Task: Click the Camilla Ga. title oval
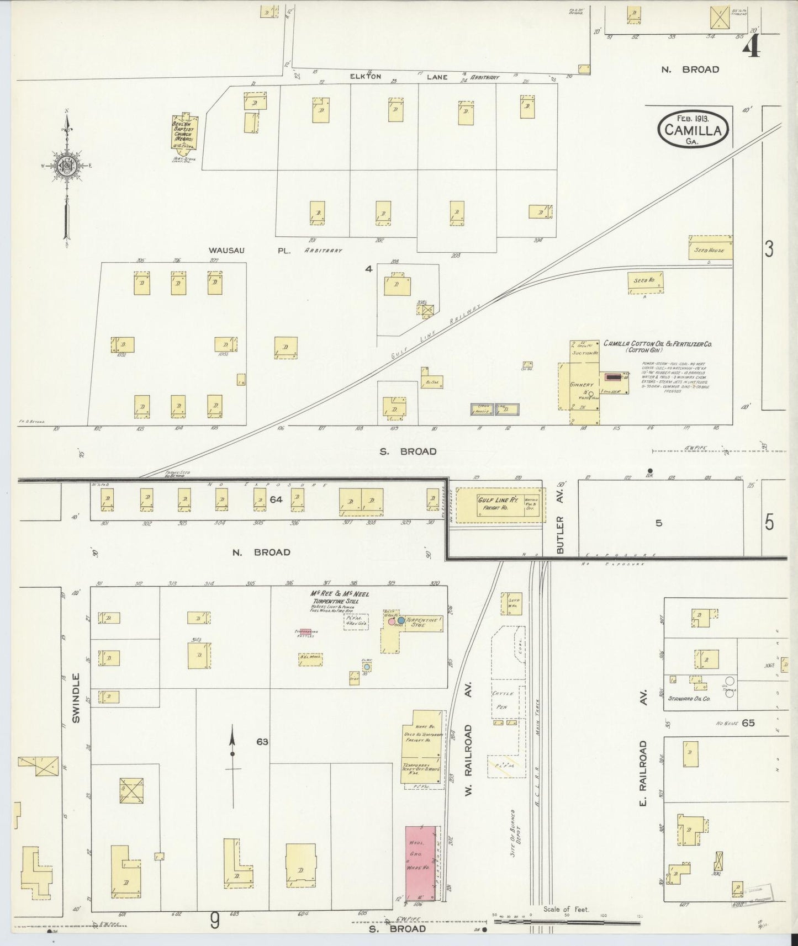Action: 693,130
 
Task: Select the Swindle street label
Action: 76,698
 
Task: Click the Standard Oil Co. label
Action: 689,698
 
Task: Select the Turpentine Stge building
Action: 422,624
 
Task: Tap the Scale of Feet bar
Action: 566,921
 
